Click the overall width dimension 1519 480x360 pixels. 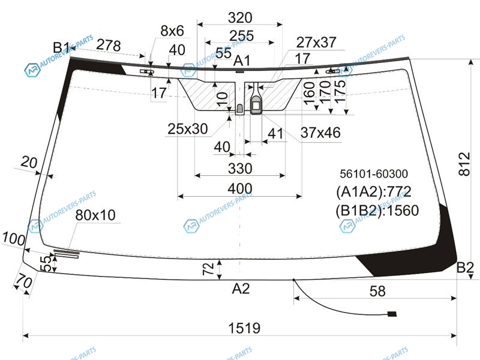[244, 328]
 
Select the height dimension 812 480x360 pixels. [464, 164]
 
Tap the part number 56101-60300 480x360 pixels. [374, 174]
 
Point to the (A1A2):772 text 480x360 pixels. [373, 192]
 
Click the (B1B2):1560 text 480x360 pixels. [377, 211]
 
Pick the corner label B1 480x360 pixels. [62, 48]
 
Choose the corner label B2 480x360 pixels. [465, 268]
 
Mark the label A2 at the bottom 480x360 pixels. [241, 289]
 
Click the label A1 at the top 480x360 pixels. [242, 61]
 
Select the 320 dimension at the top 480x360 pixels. [240, 18]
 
